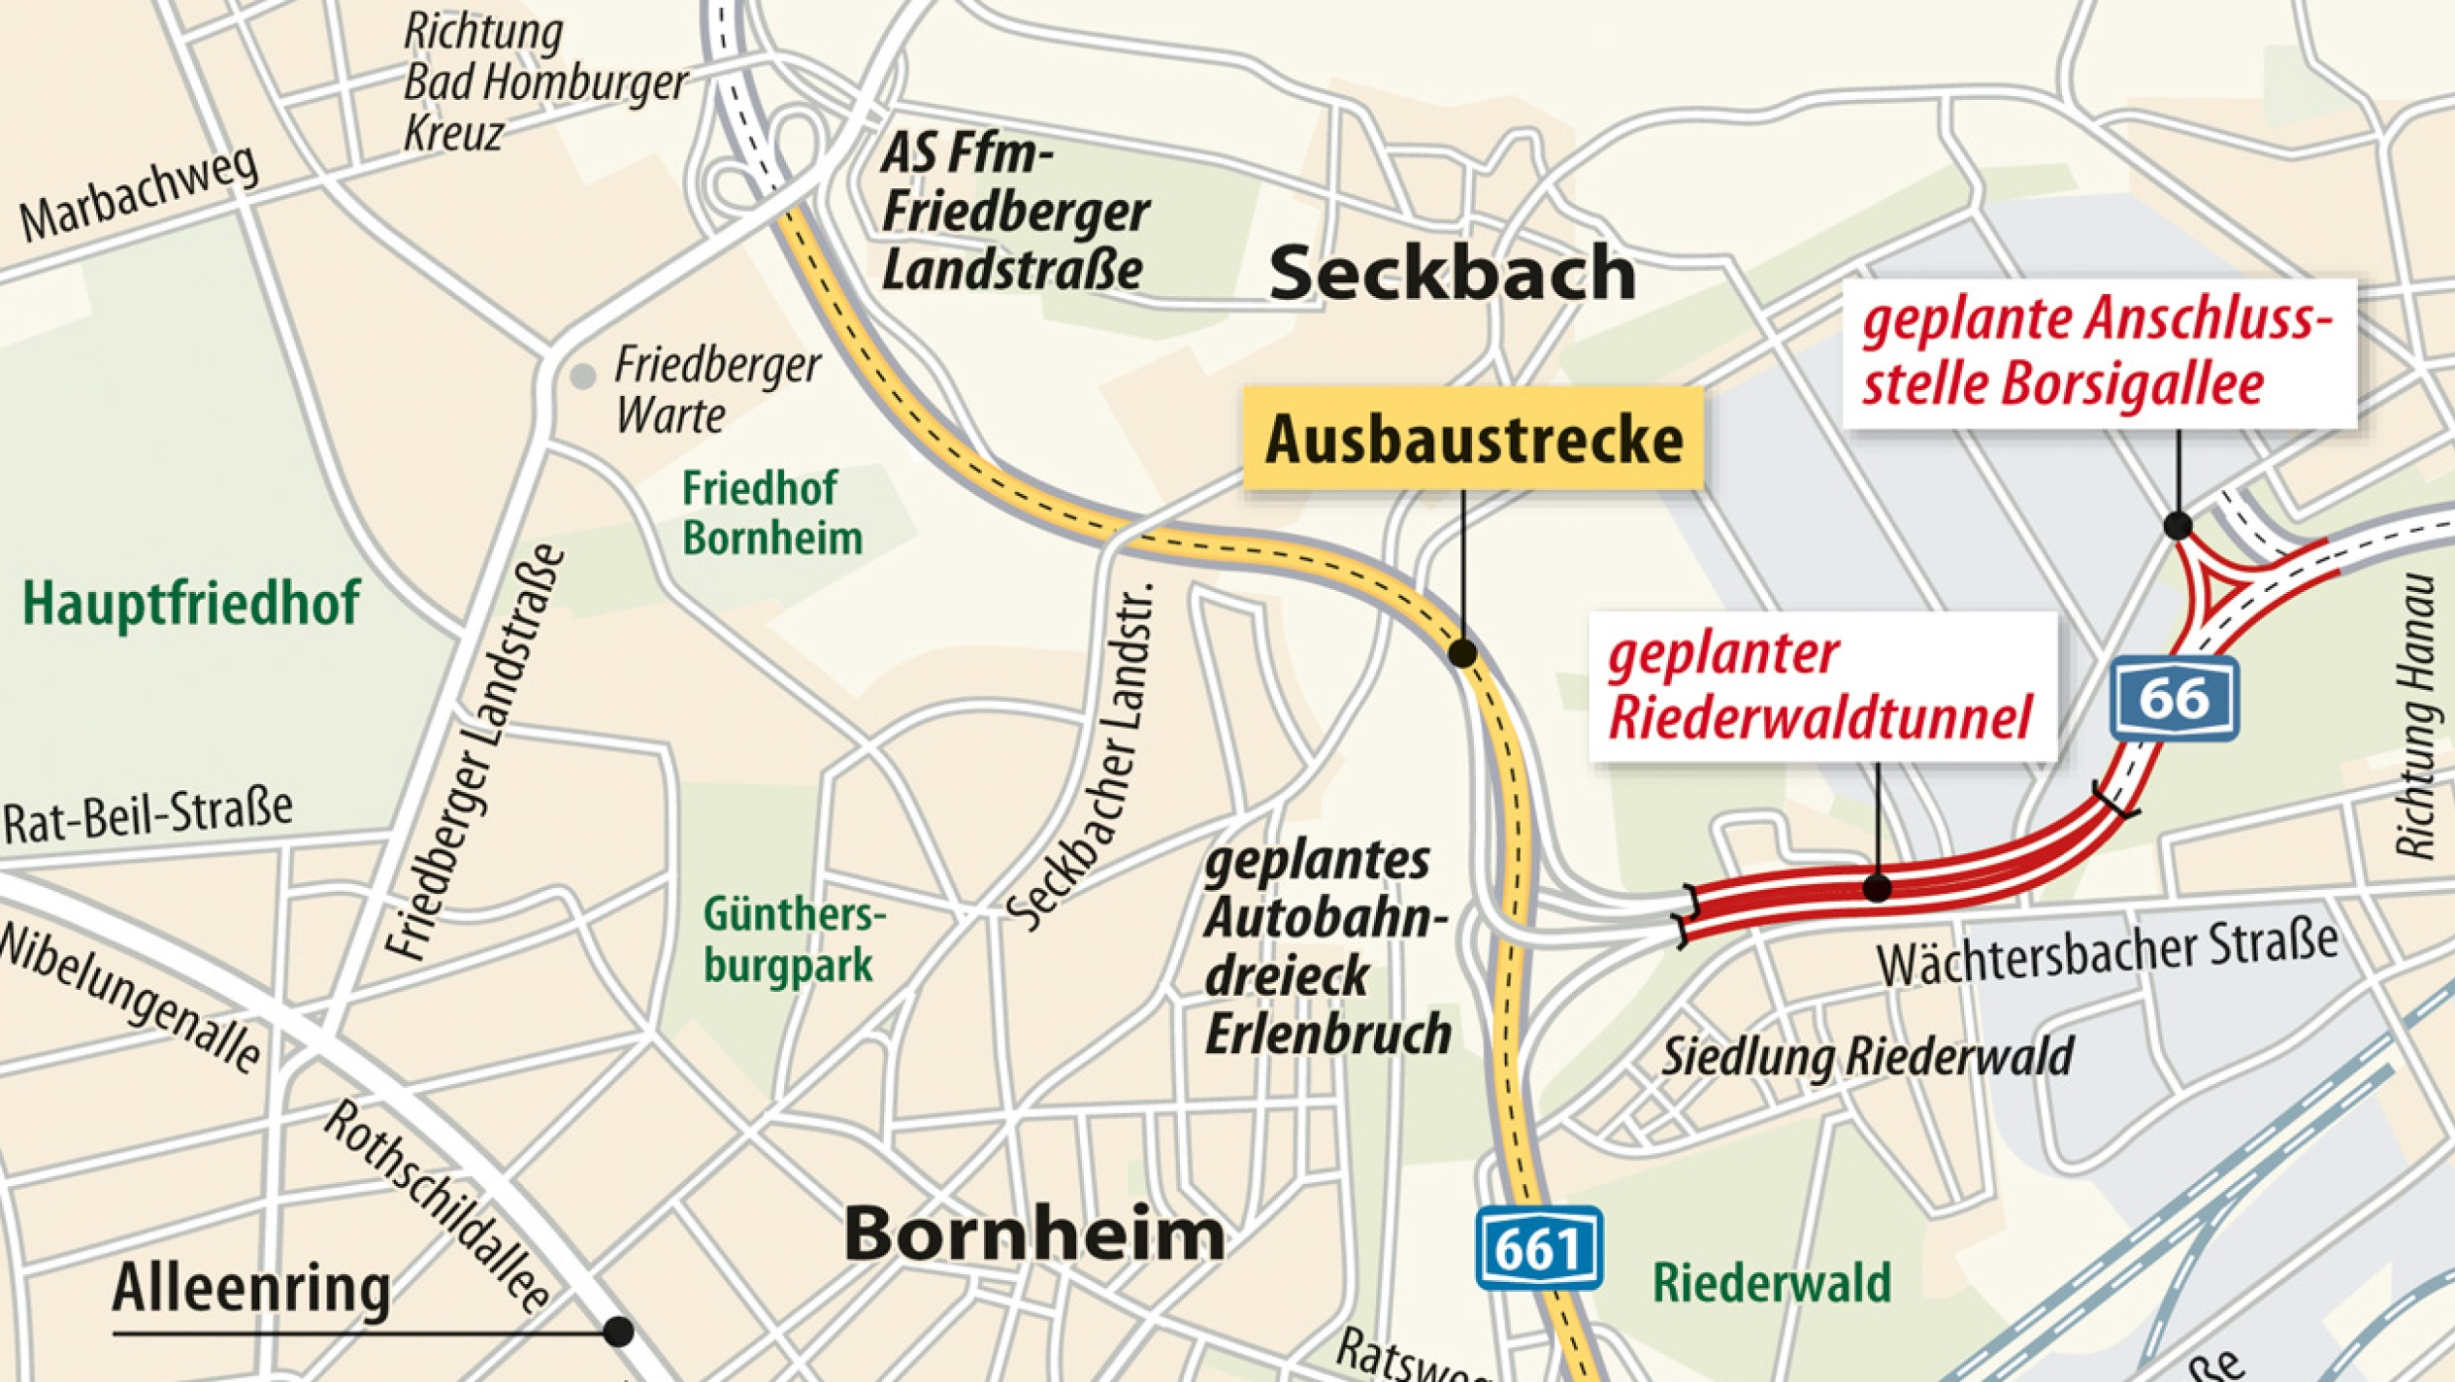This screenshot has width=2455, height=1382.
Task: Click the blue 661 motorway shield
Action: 1538,1249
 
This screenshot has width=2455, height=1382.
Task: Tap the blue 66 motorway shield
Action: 2174,699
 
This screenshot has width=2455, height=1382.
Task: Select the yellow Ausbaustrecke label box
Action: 1473,439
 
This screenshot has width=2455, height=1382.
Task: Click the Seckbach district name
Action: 1451,274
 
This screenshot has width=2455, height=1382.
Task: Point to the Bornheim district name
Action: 1033,1234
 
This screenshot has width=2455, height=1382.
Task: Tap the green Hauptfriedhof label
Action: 191,603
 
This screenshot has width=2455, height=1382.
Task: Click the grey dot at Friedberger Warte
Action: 583,376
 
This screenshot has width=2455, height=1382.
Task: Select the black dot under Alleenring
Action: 618,1331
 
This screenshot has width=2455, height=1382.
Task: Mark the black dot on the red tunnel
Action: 1877,888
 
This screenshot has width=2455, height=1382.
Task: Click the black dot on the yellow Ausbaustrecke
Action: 1462,653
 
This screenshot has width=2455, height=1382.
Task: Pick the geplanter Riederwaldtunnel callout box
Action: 1821,686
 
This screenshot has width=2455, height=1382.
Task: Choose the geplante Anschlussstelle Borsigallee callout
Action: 2099,353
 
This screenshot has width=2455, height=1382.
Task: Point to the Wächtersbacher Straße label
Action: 2107,953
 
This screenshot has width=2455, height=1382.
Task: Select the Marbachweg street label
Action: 140,194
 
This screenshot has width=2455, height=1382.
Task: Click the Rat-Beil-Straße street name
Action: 148,818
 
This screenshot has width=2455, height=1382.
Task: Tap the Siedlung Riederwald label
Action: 1866,1057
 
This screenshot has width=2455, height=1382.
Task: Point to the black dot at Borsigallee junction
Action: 2177,525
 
